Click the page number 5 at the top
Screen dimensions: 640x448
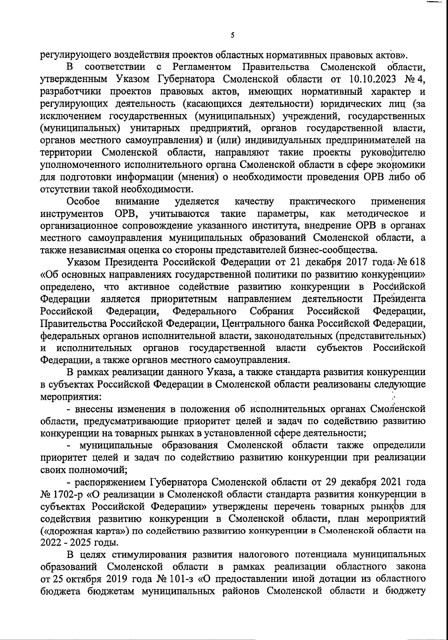(232, 36)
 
